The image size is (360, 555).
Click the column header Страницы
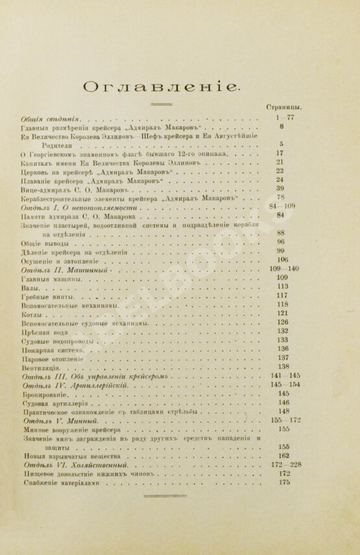click(286, 107)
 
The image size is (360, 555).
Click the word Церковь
click(37, 171)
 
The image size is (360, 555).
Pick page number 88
click(281, 233)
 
